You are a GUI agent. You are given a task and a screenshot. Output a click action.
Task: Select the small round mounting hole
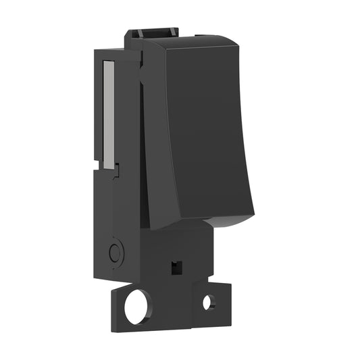(209, 302)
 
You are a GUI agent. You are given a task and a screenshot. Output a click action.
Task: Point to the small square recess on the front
(176, 266)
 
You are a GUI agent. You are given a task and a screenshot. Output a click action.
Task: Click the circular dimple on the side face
(115, 253)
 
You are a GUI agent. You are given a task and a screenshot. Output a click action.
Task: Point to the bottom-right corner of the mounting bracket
(230, 323)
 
